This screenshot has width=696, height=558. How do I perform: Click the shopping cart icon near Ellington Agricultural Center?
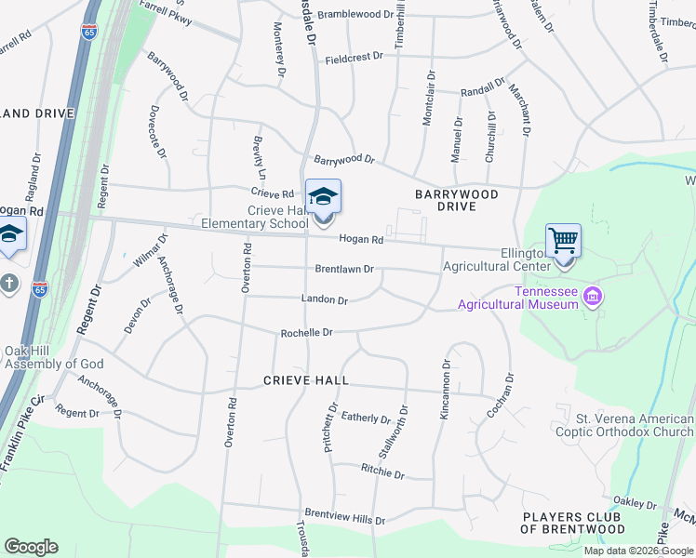coord(563,241)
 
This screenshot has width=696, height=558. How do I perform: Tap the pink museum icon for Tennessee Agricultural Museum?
coord(593,298)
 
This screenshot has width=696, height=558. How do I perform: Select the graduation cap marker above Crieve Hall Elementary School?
coord(323,197)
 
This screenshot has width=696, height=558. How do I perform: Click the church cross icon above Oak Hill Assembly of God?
coord(8,283)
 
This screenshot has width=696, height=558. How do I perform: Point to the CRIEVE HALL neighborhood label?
coord(306,380)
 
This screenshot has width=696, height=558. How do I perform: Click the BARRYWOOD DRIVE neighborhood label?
coord(457,201)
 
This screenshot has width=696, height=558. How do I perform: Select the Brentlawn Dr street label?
coord(343,269)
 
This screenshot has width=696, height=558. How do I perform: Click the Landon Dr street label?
coord(324,299)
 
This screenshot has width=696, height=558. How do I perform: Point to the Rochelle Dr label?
coord(306,332)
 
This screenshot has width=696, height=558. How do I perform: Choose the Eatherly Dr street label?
coord(367,418)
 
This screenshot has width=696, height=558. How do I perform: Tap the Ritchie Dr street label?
coord(382,474)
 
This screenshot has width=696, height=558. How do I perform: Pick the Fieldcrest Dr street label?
coord(354,58)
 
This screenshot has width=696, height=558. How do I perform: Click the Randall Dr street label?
coord(475,91)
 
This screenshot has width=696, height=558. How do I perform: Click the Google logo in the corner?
coord(31,547)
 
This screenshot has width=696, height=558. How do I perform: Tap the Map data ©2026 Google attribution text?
coord(638,551)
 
